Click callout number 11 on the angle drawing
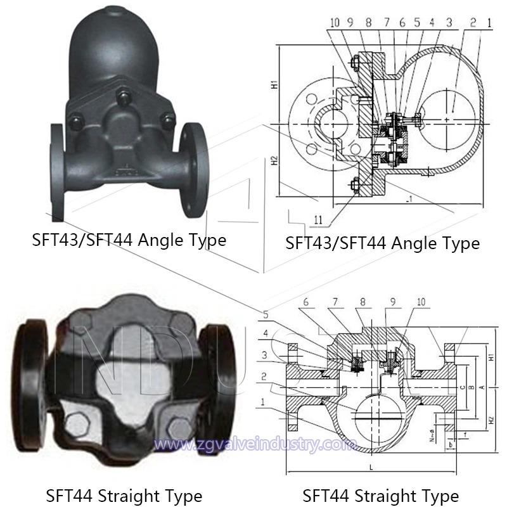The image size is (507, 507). tap(318, 219)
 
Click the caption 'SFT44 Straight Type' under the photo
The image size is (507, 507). tap(124, 495)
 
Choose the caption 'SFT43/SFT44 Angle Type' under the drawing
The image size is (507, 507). tap(382, 242)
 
